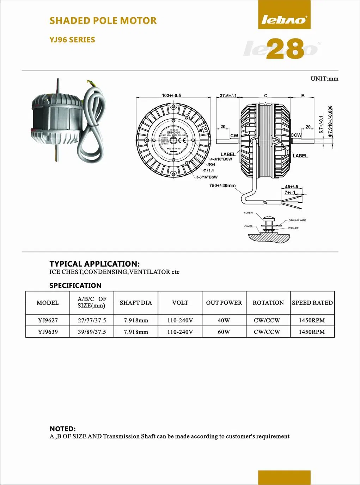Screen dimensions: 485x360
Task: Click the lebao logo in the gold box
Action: click(284, 20)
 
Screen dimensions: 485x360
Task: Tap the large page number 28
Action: click(285, 49)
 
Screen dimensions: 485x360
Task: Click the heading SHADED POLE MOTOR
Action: click(103, 21)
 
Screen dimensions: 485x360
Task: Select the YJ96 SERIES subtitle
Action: click(72, 40)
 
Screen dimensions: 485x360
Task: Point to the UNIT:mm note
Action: click(324, 79)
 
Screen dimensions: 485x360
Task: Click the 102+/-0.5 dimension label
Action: click(171, 96)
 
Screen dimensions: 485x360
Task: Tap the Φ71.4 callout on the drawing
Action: click(208, 170)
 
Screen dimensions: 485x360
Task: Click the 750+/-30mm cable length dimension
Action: click(222, 186)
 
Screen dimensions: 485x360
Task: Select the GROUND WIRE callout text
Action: click(297, 220)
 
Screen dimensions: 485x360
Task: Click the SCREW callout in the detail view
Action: click(248, 213)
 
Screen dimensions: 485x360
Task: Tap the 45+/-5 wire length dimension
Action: click(291, 187)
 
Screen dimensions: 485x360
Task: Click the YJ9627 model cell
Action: click(48, 320)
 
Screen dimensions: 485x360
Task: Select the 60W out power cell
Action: click(224, 332)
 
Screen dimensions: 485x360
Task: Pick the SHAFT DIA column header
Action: click(136, 303)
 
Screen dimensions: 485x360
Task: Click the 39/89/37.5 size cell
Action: click(92, 332)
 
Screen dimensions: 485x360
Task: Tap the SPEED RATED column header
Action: click(312, 303)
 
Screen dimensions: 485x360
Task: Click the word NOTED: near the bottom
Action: click(62, 429)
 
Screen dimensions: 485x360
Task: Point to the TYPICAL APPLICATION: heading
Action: click(94, 264)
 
